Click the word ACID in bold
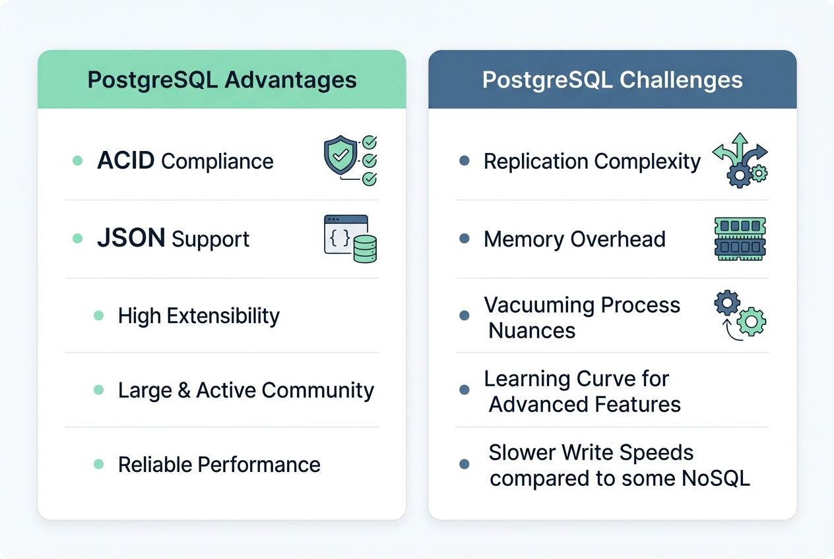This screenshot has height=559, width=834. pyautogui.click(x=126, y=161)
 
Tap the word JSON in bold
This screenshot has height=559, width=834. pyautogui.click(x=131, y=238)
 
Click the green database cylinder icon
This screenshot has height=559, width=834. pyautogui.click(x=365, y=249)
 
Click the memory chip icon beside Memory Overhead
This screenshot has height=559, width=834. pyautogui.click(x=740, y=239)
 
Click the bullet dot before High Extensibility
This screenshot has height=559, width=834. pyautogui.click(x=99, y=316)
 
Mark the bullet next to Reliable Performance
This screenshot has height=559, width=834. pyautogui.click(x=99, y=464)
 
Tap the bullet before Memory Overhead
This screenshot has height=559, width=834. pyautogui.click(x=465, y=239)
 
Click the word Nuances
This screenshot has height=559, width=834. pyautogui.click(x=532, y=330)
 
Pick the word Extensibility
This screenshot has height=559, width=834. pyautogui.click(x=223, y=316)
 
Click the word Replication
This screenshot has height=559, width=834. pyautogui.click(x=535, y=161)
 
